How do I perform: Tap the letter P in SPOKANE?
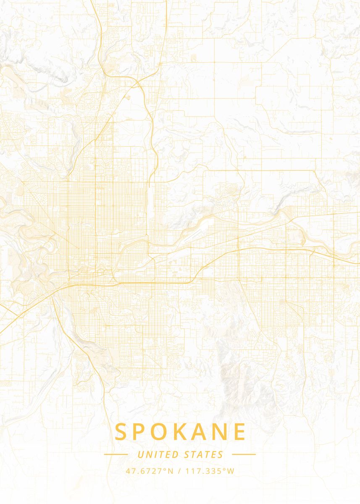[x=141, y=432]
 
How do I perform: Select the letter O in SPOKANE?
[x=161, y=432]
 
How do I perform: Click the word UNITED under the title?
[x=158, y=454]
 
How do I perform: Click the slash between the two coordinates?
[x=180, y=471]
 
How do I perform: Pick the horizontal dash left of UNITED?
[x=116, y=454]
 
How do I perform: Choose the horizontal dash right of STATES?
[x=244, y=454]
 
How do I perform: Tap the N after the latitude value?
[x=170, y=471]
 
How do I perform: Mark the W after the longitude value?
[x=231, y=471]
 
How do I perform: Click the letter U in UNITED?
[x=140, y=454]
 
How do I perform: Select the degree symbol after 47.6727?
[x=165, y=469]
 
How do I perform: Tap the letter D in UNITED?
[x=176, y=454]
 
